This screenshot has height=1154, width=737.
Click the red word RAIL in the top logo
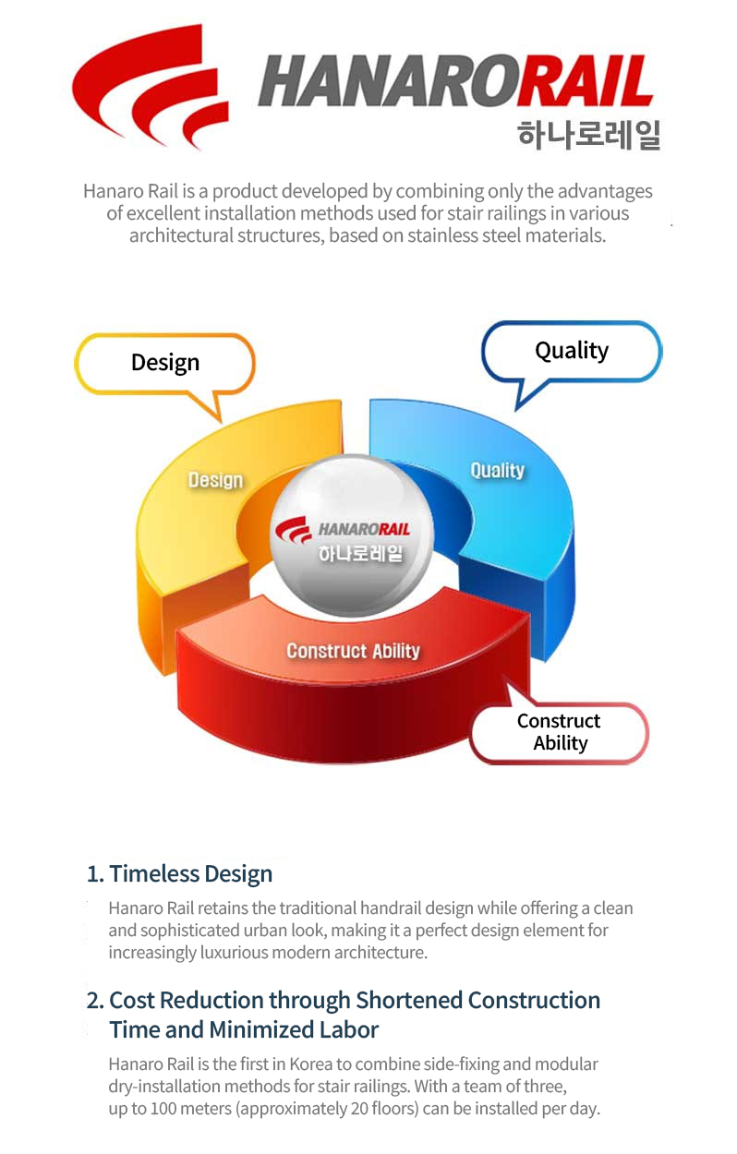coord(585,81)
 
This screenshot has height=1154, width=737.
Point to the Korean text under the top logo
coord(588,135)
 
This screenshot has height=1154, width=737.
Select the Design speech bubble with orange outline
coord(165,363)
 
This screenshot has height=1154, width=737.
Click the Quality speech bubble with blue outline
coord(571,352)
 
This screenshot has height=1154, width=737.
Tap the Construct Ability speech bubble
coord(559,731)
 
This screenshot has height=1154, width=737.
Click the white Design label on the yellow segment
coord(215,480)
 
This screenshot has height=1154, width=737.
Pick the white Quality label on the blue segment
coord(498,470)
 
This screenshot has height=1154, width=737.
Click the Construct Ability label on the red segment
coord(354,651)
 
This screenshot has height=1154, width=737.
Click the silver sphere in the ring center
coord(352,535)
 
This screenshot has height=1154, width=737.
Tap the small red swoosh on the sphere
coord(294,530)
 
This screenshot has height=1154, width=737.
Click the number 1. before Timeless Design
coord(95,874)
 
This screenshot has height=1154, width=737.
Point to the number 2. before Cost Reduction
coord(95,1001)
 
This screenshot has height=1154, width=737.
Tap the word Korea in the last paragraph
coord(310,1064)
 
